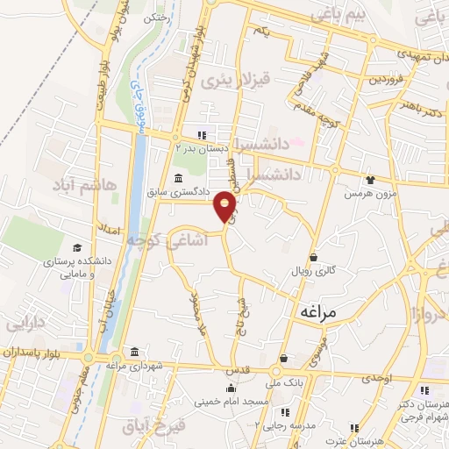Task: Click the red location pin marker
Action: (x=226, y=206)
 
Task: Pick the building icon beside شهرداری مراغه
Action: (x=133, y=353)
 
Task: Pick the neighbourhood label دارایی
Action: (x=26, y=324)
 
